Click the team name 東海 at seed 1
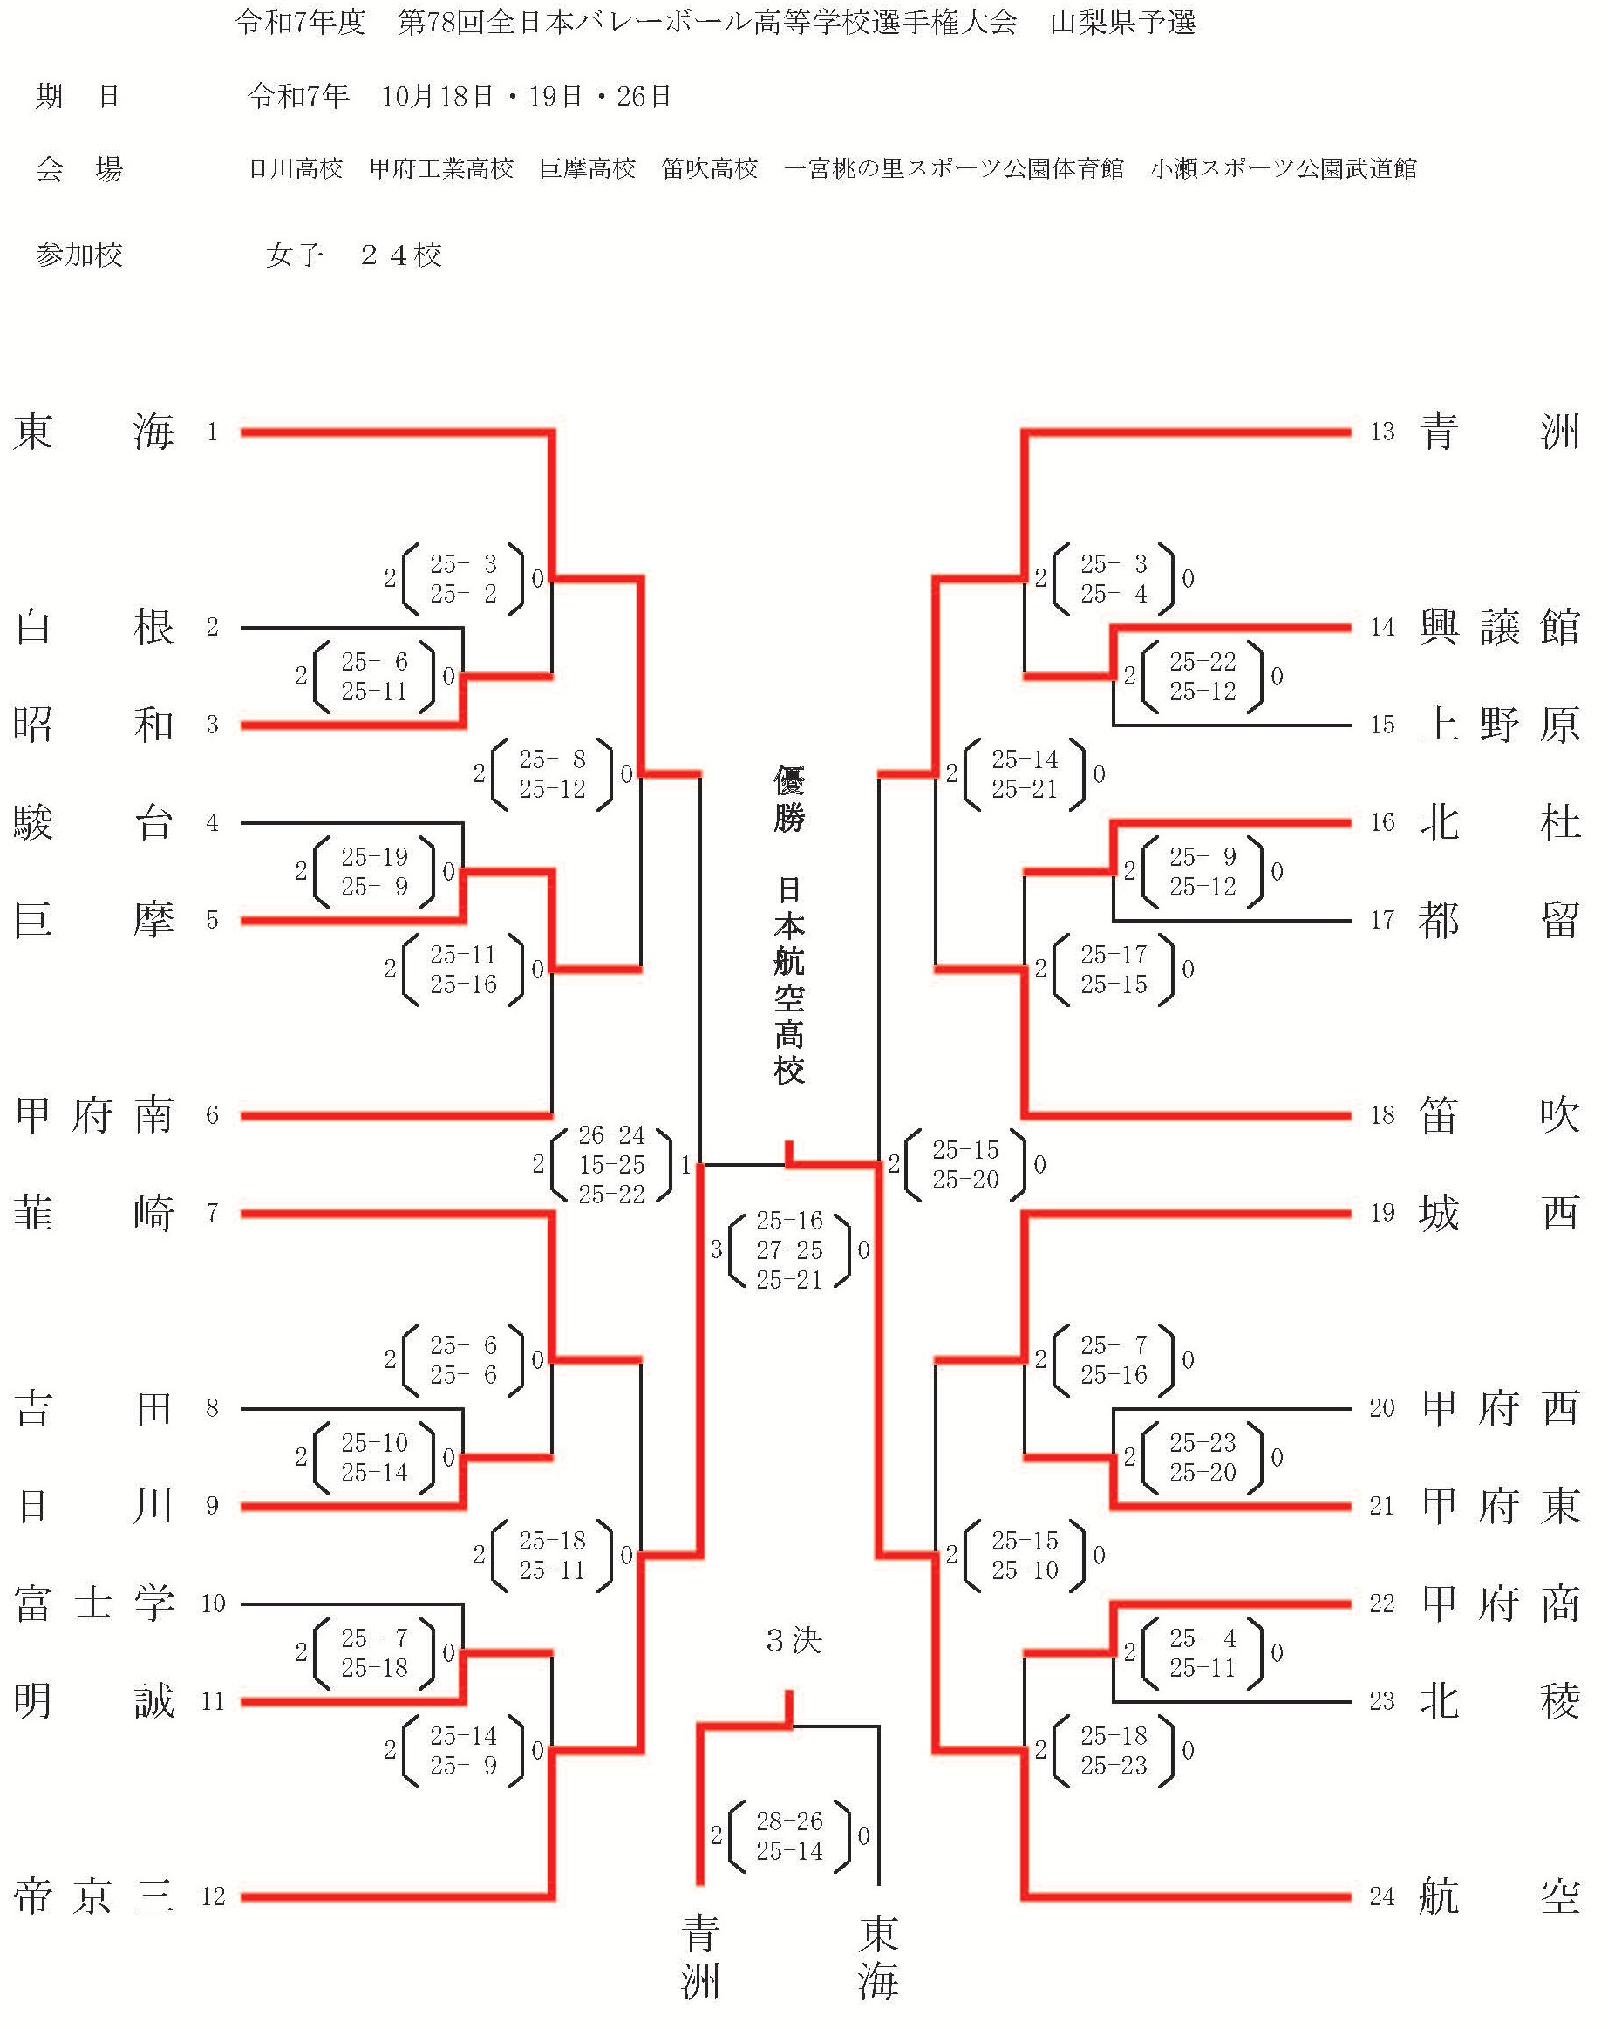coord(93,432)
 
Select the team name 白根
coord(93,628)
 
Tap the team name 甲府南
coord(93,1116)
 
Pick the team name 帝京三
coord(93,1897)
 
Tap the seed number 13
coord(1382,432)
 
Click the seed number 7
coord(213,1214)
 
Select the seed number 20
coord(1382,1409)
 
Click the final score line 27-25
coord(789,1250)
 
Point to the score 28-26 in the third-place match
coord(789,1822)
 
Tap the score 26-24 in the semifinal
coord(612,1136)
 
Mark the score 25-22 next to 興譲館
coord(1203,663)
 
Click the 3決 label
coord(794,1641)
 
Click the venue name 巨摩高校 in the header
coord(588,169)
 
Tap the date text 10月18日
coord(437,97)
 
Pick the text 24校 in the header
coord(401,255)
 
